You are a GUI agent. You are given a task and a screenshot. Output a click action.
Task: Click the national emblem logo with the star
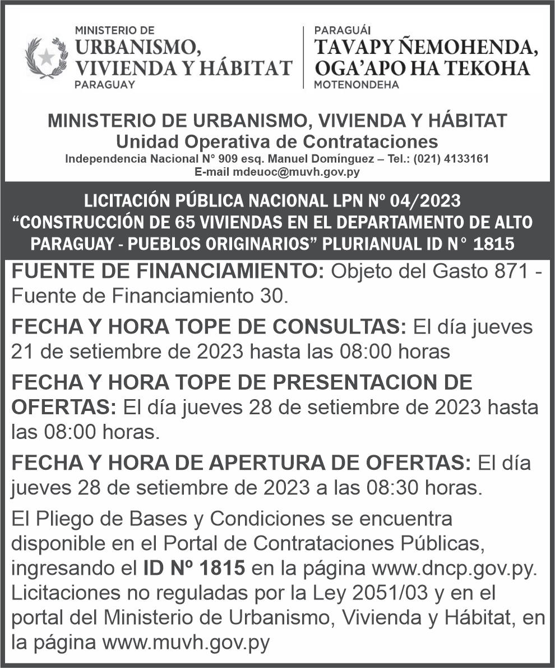pos(46,57)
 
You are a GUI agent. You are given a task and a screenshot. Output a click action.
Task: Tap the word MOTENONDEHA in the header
pos(357,85)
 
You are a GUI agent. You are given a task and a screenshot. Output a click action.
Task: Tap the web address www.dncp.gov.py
pos(455,568)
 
